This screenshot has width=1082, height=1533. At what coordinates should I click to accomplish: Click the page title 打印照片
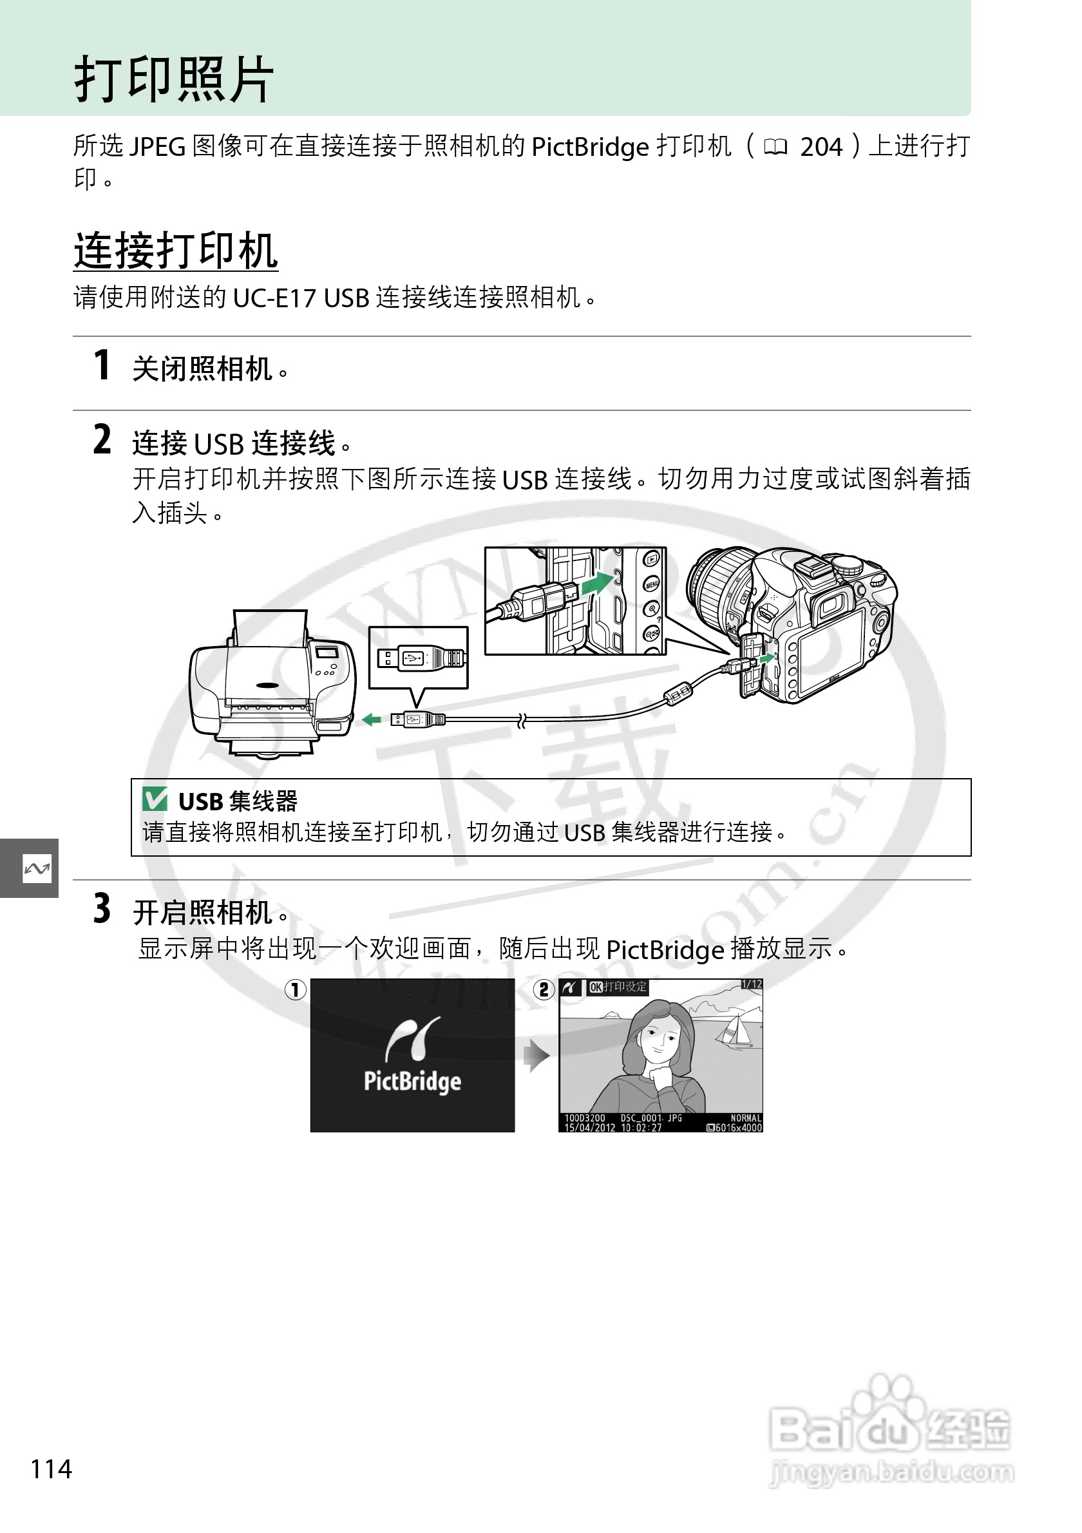point(174,79)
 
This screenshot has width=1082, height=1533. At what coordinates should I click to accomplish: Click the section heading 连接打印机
point(176,251)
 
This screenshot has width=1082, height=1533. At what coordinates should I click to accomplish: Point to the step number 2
point(102,440)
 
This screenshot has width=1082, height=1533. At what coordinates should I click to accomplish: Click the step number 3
point(102,909)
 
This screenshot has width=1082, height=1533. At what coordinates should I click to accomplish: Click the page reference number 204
point(821,147)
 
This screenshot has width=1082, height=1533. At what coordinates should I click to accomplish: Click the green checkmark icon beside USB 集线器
point(155,799)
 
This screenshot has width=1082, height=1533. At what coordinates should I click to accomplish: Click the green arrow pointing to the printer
point(371,719)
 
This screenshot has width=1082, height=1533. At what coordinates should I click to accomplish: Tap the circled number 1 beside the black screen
point(296,989)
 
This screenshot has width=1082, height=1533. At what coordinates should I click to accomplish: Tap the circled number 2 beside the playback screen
point(544,989)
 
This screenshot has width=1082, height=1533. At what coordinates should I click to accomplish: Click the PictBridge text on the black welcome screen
point(412,1080)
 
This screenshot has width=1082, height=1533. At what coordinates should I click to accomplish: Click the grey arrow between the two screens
point(536,1056)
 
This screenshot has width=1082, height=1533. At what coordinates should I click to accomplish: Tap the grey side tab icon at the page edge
point(36,868)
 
